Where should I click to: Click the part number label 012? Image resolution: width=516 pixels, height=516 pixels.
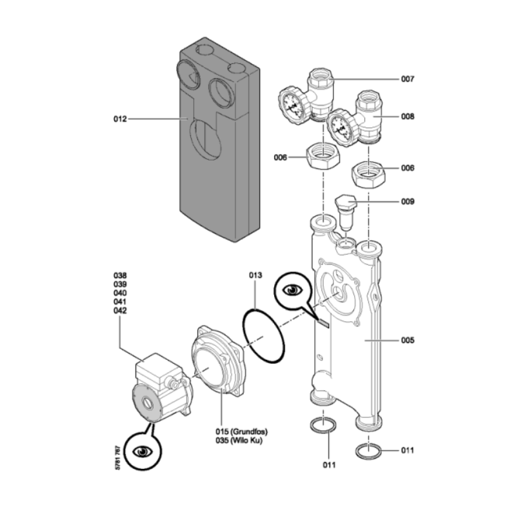(x=119, y=119)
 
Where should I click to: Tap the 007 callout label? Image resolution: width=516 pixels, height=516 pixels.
(x=407, y=79)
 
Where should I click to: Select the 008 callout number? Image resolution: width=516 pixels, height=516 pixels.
(x=407, y=117)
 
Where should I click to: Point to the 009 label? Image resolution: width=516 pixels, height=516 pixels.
(x=407, y=201)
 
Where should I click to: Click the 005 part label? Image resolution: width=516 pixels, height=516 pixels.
(x=407, y=339)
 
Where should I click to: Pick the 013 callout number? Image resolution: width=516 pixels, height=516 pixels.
(x=256, y=275)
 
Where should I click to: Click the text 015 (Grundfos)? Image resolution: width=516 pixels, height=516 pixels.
(x=241, y=432)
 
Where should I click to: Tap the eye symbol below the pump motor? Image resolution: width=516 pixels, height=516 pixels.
(x=142, y=450)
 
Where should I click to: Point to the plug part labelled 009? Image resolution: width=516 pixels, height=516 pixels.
(x=346, y=210)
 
